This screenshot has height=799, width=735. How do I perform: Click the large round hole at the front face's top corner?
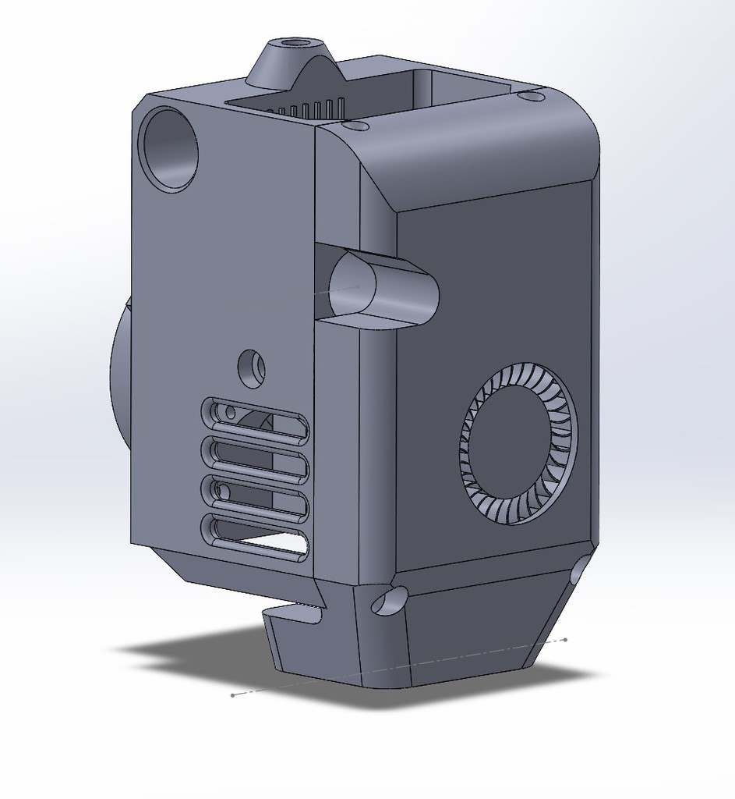168,150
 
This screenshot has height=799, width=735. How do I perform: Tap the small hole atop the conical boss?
294,42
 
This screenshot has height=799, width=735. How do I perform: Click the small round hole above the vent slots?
251,367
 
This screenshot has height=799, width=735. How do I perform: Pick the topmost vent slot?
255,421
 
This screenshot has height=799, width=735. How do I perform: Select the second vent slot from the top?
255,459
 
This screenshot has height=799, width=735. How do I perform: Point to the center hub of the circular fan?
519,443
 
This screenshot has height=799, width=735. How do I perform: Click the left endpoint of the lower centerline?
233,694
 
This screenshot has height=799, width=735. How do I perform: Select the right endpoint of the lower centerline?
565,640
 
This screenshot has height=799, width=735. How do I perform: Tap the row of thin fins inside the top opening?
312,108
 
